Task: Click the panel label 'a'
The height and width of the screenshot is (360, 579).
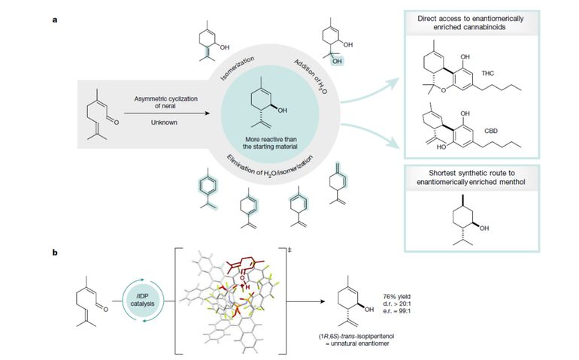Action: tap(55, 20)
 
